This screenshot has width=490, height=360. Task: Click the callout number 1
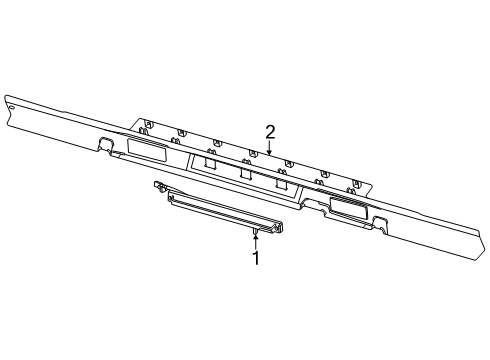click(x=255, y=258)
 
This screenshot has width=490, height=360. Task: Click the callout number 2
click(x=270, y=132)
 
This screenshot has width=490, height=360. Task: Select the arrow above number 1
click(x=255, y=237)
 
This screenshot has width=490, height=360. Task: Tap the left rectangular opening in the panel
click(x=149, y=151)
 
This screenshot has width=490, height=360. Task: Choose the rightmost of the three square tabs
click(x=283, y=184)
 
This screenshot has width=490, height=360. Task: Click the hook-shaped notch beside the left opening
click(x=104, y=142)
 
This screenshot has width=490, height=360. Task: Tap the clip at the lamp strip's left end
click(x=159, y=186)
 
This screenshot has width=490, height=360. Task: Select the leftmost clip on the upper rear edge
click(x=146, y=125)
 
